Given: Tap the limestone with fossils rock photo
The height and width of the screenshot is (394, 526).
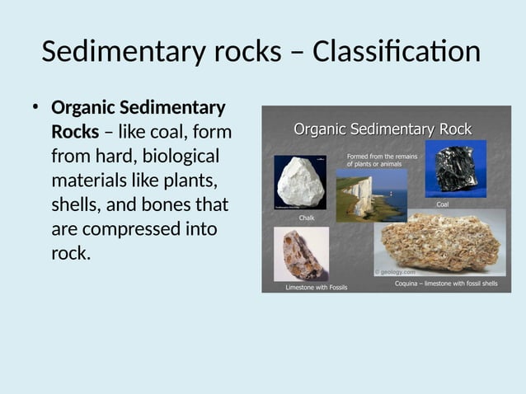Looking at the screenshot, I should [x=301, y=254].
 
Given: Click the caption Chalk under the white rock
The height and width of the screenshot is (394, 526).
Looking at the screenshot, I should [x=307, y=218].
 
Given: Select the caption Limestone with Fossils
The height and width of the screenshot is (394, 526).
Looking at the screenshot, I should [x=316, y=288].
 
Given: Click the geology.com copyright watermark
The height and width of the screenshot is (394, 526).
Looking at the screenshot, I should [x=396, y=271].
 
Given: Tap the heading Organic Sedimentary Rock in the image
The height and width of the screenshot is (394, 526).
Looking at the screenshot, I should [x=383, y=129].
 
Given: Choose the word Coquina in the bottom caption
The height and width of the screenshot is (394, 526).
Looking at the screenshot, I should [x=409, y=283].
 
